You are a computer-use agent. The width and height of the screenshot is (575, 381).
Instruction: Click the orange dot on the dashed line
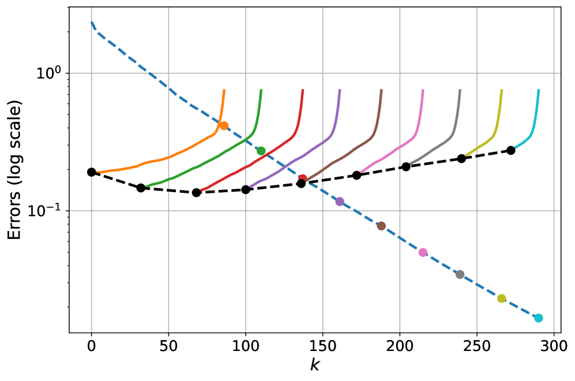(224, 125)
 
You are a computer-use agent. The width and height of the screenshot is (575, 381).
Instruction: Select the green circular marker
(261, 151)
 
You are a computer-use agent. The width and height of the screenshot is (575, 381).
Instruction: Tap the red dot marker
(302, 178)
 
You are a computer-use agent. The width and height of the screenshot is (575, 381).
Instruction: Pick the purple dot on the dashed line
(340, 201)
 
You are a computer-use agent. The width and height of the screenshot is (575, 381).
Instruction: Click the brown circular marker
(381, 226)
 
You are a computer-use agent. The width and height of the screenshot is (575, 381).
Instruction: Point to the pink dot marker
(423, 252)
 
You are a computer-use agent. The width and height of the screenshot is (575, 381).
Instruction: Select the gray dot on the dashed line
(460, 274)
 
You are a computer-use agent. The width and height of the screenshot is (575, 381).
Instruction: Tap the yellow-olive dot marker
(502, 298)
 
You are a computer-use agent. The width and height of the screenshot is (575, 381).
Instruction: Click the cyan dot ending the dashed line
(538, 318)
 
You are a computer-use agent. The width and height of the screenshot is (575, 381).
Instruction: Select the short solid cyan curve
(528, 139)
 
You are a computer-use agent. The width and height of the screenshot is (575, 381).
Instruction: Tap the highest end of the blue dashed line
(92, 22)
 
